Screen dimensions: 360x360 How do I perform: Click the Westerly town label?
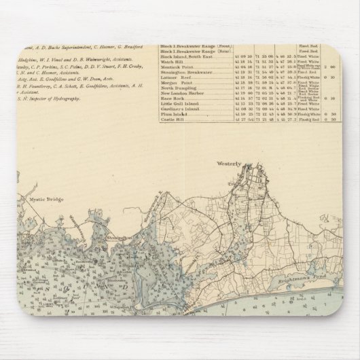229,164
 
